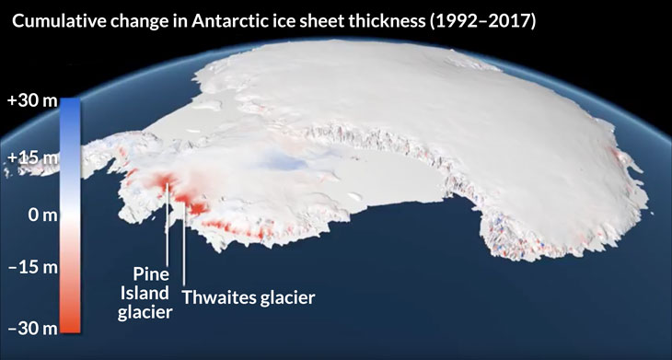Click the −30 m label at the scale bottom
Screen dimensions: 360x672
point(31,327)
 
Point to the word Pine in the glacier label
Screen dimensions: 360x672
point(150,273)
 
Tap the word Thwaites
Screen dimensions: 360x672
point(218,297)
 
